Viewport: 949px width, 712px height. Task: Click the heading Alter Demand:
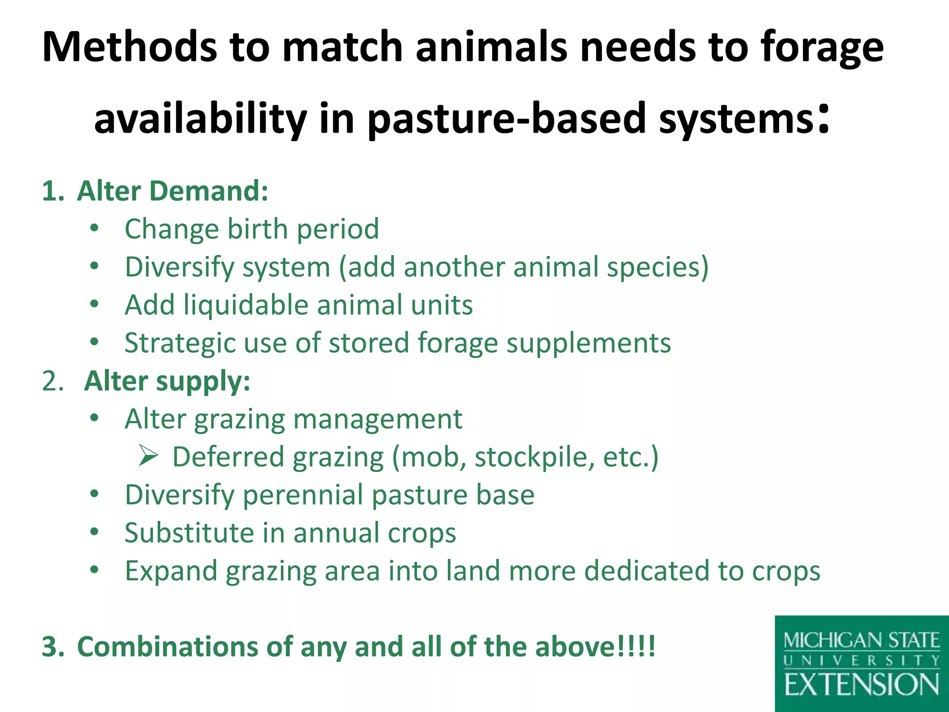coord(172,191)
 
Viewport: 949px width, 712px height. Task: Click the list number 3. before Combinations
coord(53,647)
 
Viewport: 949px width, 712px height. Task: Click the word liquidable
coord(246,305)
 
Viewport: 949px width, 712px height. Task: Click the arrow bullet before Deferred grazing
coord(148,457)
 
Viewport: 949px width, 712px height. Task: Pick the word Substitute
coord(189,533)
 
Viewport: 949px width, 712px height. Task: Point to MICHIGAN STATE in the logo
coord(861,641)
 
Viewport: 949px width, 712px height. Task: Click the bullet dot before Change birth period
coord(95,229)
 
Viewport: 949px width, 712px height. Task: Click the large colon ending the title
coord(823,119)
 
